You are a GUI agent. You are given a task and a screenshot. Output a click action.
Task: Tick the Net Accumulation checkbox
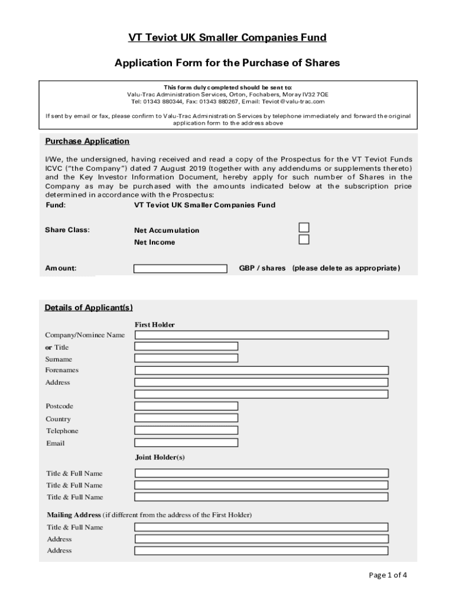pos(304,228)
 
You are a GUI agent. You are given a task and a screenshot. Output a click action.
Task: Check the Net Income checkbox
pos(304,240)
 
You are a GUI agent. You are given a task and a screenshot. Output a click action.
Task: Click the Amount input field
pos(180,269)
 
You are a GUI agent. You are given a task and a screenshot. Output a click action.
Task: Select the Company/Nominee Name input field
pos(261,335)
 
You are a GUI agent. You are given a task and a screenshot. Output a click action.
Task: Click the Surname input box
pos(186,358)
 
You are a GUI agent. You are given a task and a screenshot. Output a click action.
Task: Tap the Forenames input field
pos(261,370)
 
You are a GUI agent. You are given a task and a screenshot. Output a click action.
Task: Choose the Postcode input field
pos(186,406)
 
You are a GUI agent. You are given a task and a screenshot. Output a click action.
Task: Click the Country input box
pos(186,418)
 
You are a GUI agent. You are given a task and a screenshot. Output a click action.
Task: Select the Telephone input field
pos(186,431)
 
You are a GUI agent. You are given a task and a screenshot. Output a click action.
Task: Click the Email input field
pos(186,443)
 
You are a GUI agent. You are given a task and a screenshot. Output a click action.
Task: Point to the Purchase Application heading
pos(87,141)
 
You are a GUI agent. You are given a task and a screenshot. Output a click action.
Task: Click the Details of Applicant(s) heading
pos(89,308)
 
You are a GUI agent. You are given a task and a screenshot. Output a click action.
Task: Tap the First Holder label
pos(155,324)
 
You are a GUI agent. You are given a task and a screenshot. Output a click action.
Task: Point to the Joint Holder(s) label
pos(160,457)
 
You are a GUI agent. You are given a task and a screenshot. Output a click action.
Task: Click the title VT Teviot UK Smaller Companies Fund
pos(227,38)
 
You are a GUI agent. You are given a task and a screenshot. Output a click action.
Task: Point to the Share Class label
pos(67,230)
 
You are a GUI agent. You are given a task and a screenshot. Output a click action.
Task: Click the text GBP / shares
pos(262,268)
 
